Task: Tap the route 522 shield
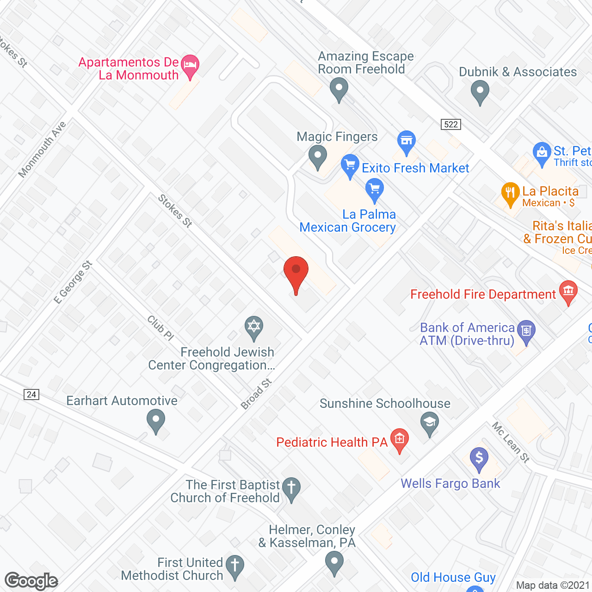(450, 124)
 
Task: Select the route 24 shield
(31, 394)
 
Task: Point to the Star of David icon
(254, 326)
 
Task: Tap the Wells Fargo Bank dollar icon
(479, 458)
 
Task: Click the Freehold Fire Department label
(483, 294)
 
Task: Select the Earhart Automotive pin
(156, 421)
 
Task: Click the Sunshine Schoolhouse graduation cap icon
(430, 423)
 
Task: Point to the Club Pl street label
(160, 327)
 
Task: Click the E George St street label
(73, 283)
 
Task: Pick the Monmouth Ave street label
(42, 149)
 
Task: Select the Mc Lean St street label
(511, 442)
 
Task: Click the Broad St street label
(256, 394)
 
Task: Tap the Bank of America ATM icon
(526, 331)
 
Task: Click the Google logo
(31, 581)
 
